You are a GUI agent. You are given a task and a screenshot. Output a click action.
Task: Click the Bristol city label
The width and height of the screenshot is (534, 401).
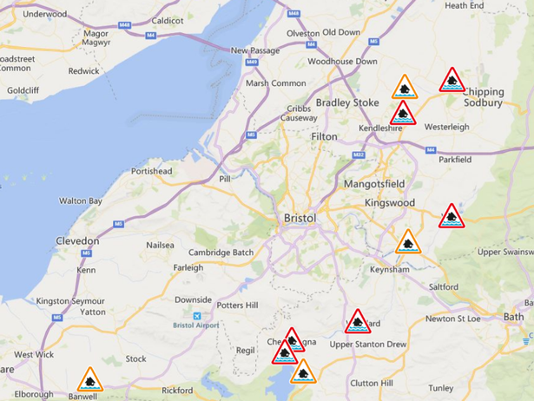[x=300, y=218]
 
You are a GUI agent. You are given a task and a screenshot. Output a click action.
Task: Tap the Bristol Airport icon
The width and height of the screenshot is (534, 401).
[x=197, y=316]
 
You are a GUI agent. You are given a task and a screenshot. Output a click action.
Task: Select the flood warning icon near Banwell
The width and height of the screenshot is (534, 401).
[x=89, y=380]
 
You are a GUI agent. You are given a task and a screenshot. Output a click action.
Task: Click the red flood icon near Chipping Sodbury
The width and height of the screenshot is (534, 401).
[x=452, y=81]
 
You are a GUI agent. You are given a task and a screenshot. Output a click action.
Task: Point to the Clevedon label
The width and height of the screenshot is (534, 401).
[x=77, y=240]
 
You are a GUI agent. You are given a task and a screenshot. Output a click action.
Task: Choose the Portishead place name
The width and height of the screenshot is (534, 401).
[x=152, y=171]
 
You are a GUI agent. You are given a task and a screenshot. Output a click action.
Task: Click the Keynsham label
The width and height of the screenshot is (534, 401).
[x=388, y=270]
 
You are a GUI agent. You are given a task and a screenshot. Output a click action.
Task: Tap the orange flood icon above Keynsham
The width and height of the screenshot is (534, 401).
[x=407, y=242]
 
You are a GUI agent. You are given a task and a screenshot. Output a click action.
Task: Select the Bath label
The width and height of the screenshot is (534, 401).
[x=513, y=317]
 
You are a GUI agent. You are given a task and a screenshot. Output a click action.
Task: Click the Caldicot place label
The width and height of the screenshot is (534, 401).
[x=168, y=20]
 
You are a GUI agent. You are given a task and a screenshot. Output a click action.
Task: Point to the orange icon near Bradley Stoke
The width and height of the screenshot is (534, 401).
[x=404, y=88]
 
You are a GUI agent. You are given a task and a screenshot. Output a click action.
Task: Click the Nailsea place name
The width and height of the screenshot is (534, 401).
[x=160, y=246]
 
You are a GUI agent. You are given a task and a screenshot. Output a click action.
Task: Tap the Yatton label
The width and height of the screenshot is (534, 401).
[x=92, y=312]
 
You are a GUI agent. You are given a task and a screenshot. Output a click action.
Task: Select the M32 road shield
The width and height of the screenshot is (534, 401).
[x=358, y=154]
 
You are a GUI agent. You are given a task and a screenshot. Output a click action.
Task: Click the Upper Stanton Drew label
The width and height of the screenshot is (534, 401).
[x=367, y=345]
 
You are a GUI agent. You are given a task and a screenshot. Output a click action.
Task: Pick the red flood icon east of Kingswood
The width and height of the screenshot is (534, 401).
[x=451, y=216]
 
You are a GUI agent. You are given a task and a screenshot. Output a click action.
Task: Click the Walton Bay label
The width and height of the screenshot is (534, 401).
[x=81, y=200]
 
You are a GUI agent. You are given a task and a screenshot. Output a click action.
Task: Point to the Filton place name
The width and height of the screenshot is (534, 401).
[x=324, y=136]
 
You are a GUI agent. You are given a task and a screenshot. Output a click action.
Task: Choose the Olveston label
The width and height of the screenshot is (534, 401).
[x=303, y=32]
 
